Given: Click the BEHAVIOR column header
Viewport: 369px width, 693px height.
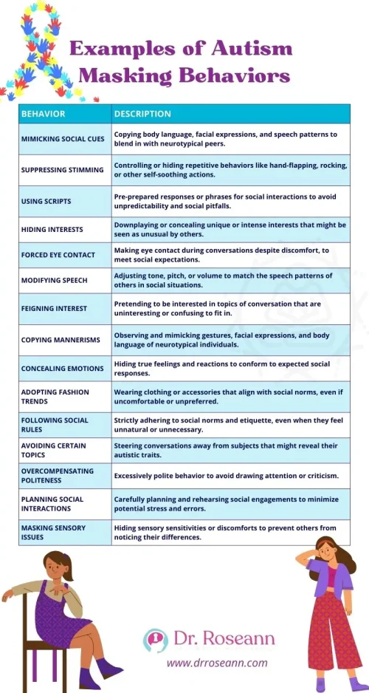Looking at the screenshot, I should click(44, 114).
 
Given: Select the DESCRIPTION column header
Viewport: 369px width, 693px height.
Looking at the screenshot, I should click(142, 114).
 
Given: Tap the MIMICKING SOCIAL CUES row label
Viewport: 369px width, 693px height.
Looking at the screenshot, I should click(63, 138).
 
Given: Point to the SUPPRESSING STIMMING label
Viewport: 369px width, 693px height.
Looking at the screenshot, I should click(63, 169).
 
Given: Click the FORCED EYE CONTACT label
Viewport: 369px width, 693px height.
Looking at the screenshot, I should click(58, 255).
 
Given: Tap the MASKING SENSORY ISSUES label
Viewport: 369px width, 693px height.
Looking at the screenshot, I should click(54, 532).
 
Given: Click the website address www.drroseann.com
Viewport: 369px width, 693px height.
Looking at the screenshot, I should click(216, 662).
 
